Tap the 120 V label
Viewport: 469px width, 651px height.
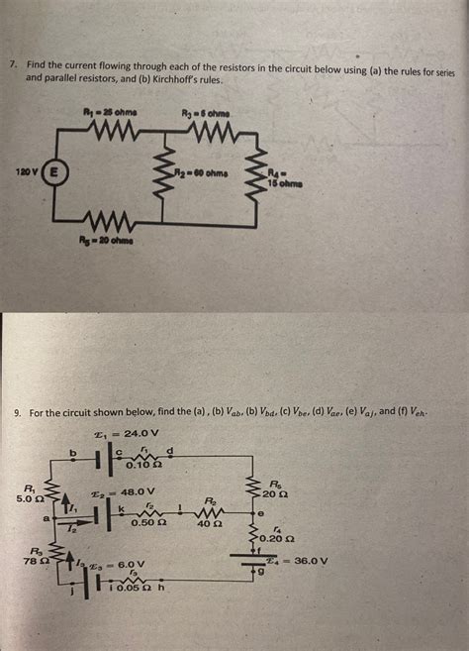pyautogui.click(x=27, y=172)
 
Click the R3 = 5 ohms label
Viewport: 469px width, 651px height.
pyautogui.click(x=205, y=112)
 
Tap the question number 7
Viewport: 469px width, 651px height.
pyautogui.click(x=13, y=62)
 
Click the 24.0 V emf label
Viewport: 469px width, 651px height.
pyautogui.click(x=130, y=433)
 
